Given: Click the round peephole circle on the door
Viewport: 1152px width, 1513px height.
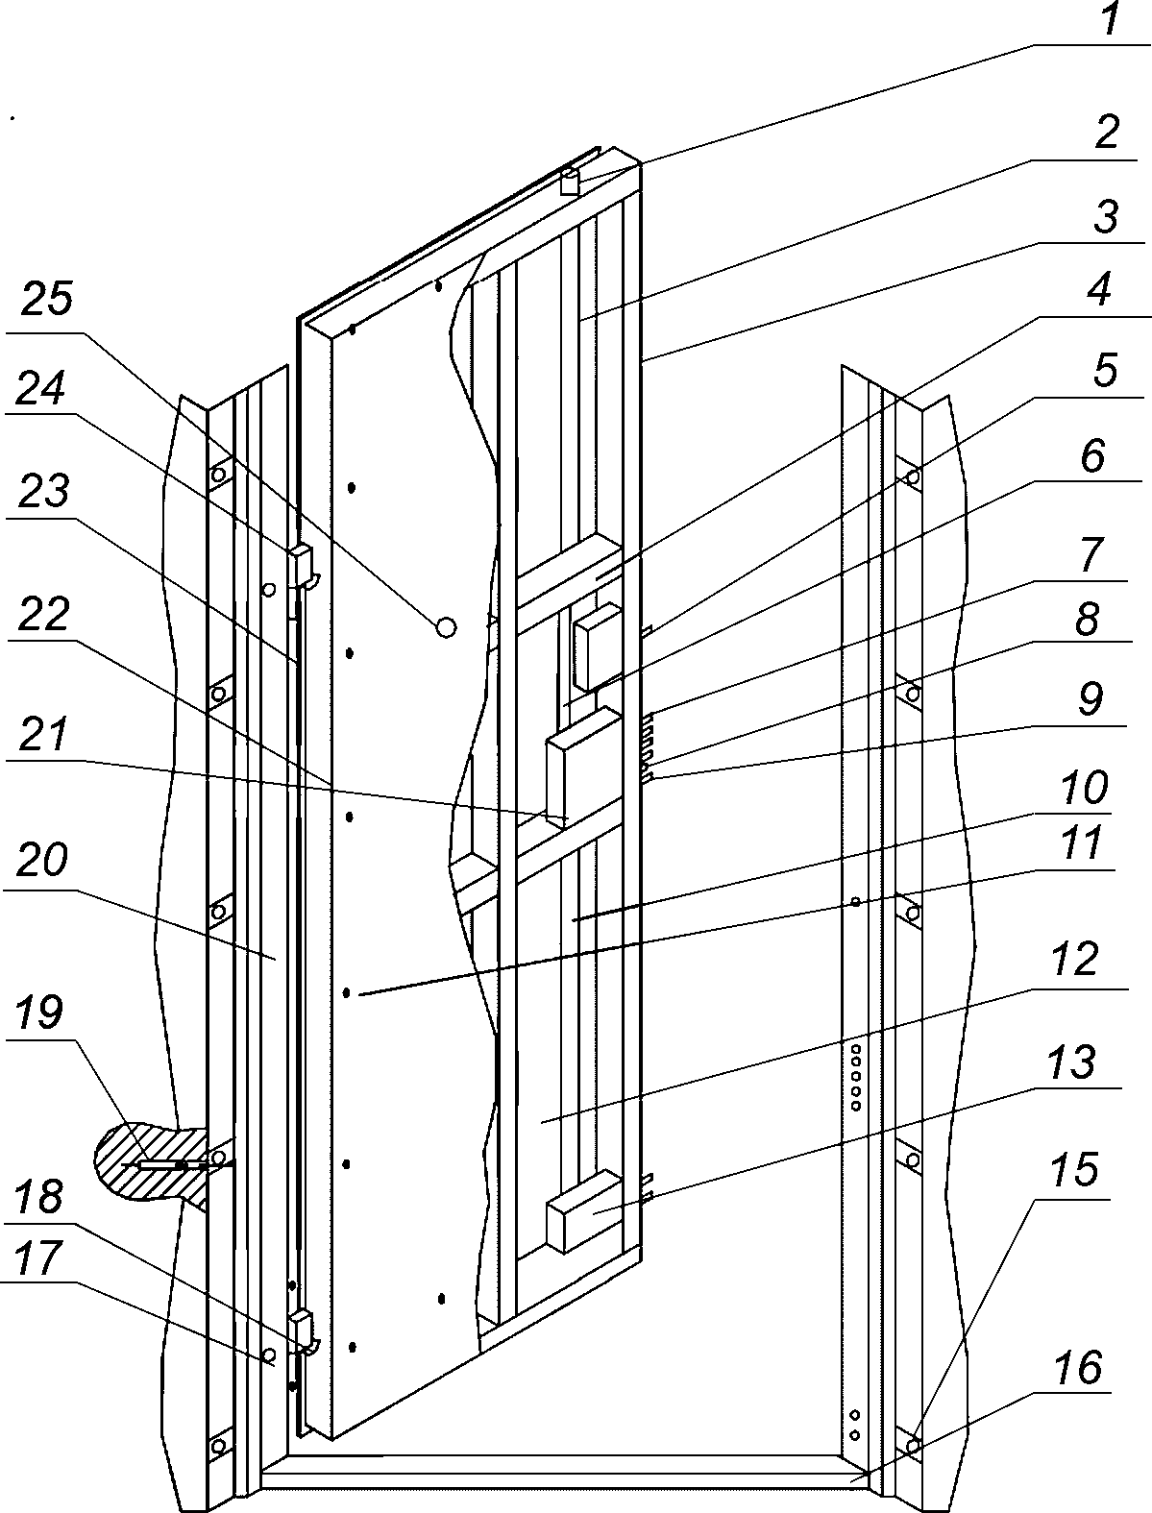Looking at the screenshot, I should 445,627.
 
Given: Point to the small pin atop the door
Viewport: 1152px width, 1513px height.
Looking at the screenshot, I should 570,182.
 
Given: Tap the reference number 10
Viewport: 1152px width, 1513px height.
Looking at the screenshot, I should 1084,788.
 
